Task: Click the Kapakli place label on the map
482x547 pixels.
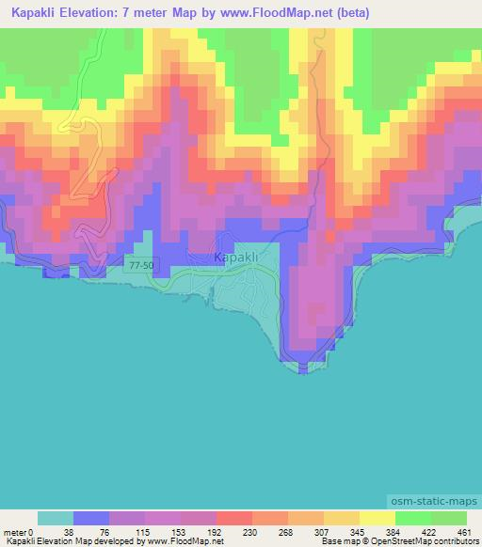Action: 235,257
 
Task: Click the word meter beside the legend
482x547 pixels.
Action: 16,531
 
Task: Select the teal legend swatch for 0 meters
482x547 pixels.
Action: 56,518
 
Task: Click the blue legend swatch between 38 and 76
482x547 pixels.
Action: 91,518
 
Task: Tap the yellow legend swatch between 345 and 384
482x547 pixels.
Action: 378,518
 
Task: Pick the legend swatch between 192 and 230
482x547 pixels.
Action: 234,518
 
